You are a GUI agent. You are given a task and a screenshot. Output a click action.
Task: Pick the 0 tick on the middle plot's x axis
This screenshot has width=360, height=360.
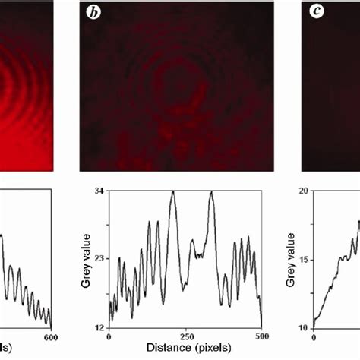[109, 336]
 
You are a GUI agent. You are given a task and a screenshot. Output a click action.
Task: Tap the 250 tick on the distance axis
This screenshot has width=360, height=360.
[185, 336]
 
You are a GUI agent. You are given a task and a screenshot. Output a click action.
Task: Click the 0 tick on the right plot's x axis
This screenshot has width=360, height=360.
[312, 336]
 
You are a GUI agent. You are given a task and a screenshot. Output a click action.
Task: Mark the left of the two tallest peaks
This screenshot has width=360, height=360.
[173, 192]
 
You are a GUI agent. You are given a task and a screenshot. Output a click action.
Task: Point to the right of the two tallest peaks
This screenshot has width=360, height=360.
[210, 192]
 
